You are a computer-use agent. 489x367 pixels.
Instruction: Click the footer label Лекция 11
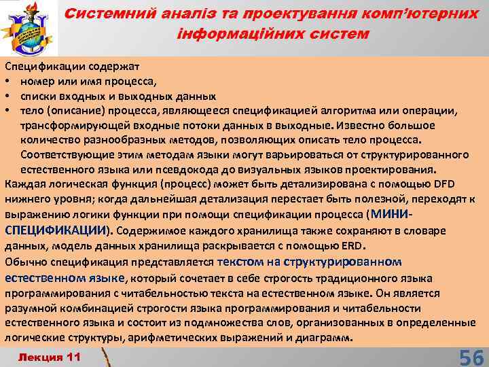pyautogui.click(x=50, y=356)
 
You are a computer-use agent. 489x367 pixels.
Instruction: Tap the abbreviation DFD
pyautogui.click(x=441, y=183)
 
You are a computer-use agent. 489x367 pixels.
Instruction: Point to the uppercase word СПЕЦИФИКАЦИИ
pyautogui.click(x=56, y=229)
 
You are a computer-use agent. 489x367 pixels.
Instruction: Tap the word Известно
pyautogui.click(x=355, y=125)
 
